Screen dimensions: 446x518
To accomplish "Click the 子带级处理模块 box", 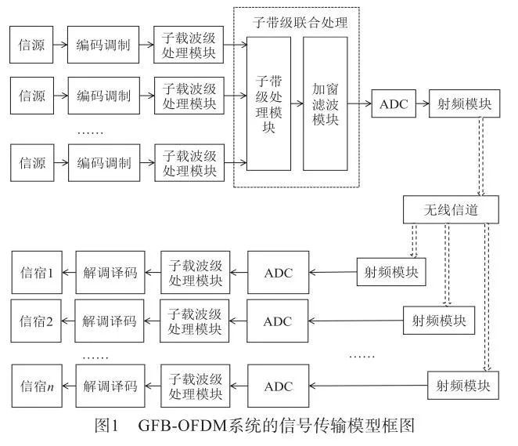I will [x=268, y=103].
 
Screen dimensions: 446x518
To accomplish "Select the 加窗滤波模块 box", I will [x=325, y=103].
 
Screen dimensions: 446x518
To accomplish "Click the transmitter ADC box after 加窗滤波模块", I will [x=394, y=104].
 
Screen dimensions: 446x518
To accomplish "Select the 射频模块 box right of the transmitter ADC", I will [x=463, y=104].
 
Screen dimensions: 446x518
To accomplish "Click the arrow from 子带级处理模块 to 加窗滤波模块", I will [x=297, y=103].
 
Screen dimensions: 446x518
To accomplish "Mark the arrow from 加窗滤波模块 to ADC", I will [x=359, y=103].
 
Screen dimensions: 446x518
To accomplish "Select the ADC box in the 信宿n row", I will [x=277, y=386].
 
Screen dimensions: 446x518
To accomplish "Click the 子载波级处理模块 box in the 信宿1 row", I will [x=192, y=274].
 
